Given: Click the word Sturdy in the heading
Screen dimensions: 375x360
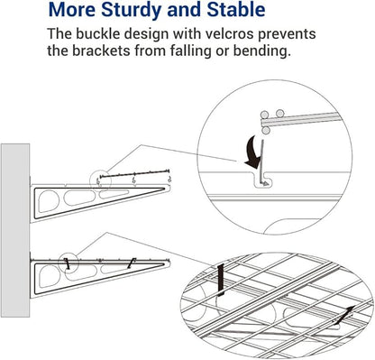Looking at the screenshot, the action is coord(132,11).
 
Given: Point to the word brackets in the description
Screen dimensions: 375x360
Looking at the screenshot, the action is coord(101,51).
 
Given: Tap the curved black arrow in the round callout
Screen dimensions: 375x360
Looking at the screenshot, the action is coord(253,152).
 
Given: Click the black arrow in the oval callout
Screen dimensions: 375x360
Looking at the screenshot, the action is coord(344,316).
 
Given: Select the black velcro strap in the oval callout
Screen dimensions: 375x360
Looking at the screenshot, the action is coord(221,281).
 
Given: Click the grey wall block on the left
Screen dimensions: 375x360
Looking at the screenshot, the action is coord(15,230).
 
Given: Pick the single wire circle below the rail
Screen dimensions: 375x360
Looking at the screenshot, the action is coord(265,131).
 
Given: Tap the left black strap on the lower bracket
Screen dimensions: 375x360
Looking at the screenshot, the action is coord(68,263).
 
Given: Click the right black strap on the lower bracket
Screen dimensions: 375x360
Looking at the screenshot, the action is coord(132,263).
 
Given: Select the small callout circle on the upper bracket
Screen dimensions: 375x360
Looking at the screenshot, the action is coord(101,181).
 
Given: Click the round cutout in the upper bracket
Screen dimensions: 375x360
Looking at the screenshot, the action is coord(49,201).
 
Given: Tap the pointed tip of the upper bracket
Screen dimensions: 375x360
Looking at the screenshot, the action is coord(170,189).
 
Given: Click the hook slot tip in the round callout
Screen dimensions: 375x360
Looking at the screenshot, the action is coord(266,183).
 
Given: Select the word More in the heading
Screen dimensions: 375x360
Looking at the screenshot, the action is coord(72,9).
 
